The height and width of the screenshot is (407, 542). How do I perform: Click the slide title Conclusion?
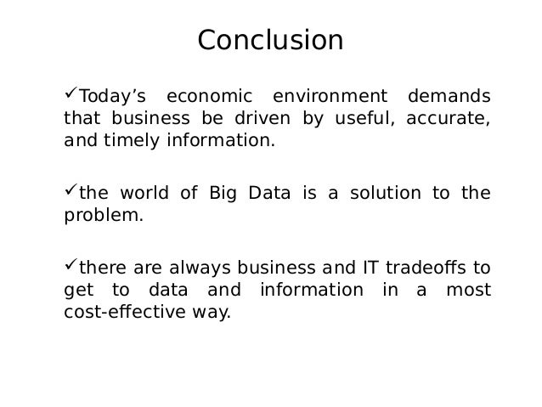point(270,40)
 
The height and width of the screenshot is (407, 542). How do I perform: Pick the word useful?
point(357,118)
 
